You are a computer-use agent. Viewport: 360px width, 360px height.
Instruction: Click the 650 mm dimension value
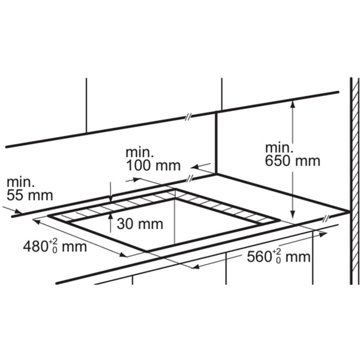click(x=293, y=161)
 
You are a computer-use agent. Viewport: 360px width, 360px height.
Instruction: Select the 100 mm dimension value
click(x=154, y=165)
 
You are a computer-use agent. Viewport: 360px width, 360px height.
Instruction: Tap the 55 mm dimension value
click(x=30, y=195)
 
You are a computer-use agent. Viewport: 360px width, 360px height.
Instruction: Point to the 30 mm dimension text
click(x=140, y=224)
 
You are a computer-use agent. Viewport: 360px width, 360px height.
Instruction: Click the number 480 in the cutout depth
click(x=35, y=247)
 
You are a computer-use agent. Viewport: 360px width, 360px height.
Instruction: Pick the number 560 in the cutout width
click(x=259, y=257)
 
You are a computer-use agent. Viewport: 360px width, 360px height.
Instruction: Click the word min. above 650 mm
click(x=279, y=148)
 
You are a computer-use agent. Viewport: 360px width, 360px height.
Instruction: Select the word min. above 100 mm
click(x=139, y=153)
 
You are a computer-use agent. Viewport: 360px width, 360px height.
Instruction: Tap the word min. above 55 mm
click(x=21, y=182)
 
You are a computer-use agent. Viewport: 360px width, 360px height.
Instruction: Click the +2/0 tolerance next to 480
click(x=53, y=246)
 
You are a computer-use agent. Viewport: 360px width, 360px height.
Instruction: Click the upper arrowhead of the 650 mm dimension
click(x=292, y=104)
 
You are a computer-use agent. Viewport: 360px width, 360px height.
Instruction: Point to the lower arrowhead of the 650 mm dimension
click(x=292, y=215)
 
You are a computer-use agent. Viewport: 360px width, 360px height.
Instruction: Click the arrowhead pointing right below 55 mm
click(x=18, y=211)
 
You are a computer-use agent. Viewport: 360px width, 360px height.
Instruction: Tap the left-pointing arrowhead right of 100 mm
click(x=195, y=167)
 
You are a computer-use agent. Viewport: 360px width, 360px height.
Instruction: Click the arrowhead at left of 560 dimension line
click(x=195, y=267)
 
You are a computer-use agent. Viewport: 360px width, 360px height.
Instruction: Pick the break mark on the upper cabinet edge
click(x=188, y=117)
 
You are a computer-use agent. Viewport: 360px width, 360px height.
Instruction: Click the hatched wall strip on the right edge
click(x=355, y=181)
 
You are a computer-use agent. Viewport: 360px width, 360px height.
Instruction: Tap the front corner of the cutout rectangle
click(x=146, y=251)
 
